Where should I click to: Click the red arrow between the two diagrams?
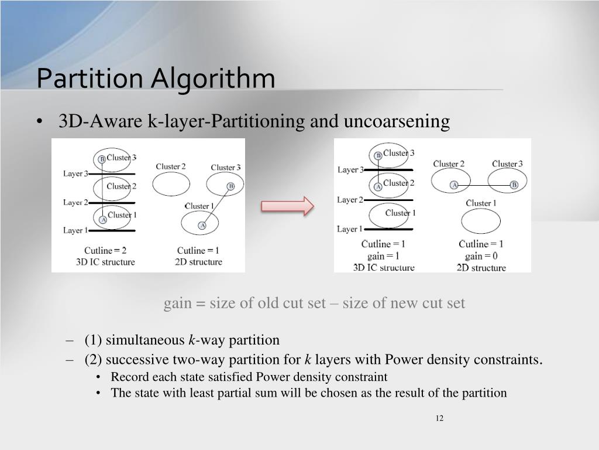(x=287, y=206)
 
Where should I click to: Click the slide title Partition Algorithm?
(x=156, y=79)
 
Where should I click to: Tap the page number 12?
(x=439, y=418)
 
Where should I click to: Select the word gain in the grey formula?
(x=177, y=303)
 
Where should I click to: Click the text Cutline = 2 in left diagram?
(x=105, y=251)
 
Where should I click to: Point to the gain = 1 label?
(x=383, y=255)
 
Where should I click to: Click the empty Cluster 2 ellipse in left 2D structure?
(x=171, y=183)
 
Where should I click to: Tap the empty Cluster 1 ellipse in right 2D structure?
(x=481, y=221)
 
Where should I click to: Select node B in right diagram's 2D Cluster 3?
(x=514, y=185)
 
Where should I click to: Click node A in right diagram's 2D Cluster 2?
(x=453, y=185)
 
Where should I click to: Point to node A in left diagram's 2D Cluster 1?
(x=202, y=225)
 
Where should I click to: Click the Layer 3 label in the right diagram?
(x=350, y=170)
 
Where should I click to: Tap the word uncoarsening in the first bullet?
(x=397, y=121)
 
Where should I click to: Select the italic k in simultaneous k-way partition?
(x=191, y=340)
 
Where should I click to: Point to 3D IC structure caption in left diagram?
(x=105, y=262)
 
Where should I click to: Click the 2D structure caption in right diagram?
(x=481, y=268)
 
